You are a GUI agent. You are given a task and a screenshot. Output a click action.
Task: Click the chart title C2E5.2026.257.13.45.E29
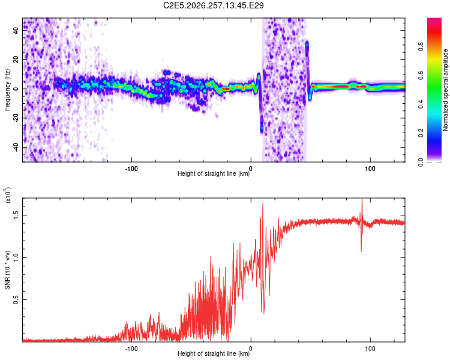213,5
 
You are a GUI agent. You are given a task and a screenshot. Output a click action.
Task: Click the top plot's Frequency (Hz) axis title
7,90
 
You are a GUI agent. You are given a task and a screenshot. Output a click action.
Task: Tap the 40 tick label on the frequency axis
16,30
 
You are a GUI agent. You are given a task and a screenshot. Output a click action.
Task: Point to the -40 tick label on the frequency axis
16,148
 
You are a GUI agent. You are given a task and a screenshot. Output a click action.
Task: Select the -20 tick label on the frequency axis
16,118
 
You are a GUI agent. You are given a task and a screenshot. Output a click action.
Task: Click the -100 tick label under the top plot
131,169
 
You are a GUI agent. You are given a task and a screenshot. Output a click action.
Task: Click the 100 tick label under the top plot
370,169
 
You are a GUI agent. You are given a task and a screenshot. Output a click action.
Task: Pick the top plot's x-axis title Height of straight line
214,173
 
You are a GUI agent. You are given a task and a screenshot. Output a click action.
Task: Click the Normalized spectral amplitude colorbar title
445,90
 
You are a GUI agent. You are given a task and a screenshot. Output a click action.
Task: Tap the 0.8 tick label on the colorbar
421,47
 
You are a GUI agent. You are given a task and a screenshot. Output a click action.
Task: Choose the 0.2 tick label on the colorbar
421,133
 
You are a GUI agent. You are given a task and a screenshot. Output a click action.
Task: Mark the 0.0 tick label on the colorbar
421,162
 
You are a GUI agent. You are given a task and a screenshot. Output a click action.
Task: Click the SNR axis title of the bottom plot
7,270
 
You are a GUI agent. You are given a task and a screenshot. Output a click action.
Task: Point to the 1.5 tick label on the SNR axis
16,215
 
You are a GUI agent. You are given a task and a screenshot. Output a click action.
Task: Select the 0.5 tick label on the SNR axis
16,300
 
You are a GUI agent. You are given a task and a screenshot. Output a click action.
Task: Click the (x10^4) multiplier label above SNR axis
8,194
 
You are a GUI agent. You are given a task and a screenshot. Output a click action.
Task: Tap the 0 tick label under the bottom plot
251,349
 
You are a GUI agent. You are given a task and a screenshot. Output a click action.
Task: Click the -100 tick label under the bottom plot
131,349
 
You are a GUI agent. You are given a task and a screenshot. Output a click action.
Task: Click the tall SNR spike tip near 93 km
362,199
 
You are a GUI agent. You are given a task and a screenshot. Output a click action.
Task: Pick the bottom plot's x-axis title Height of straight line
214,353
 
